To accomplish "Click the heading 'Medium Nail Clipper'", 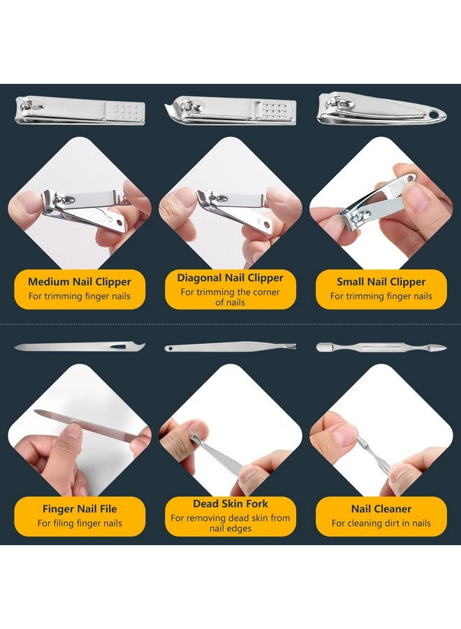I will pyautogui.click(x=79, y=282).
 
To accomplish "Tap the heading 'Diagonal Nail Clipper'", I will pyautogui.click(x=230, y=277).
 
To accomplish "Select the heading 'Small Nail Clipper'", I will pyautogui.click(x=381, y=282).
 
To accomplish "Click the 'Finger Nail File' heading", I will pyautogui.click(x=79, y=509).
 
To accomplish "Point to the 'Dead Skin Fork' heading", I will pyautogui.click(x=230, y=503).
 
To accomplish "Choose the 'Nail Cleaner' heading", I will pyautogui.click(x=381, y=509).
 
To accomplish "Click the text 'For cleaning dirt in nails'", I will pyautogui.click(x=381, y=523).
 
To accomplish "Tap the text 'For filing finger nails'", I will pyautogui.click(x=79, y=523).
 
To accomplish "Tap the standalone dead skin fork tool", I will pyautogui.click(x=230, y=346).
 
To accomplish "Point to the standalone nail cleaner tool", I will pyautogui.click(x=381, y=347).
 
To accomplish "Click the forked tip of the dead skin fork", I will pyautogui.click(x=291, y=345).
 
